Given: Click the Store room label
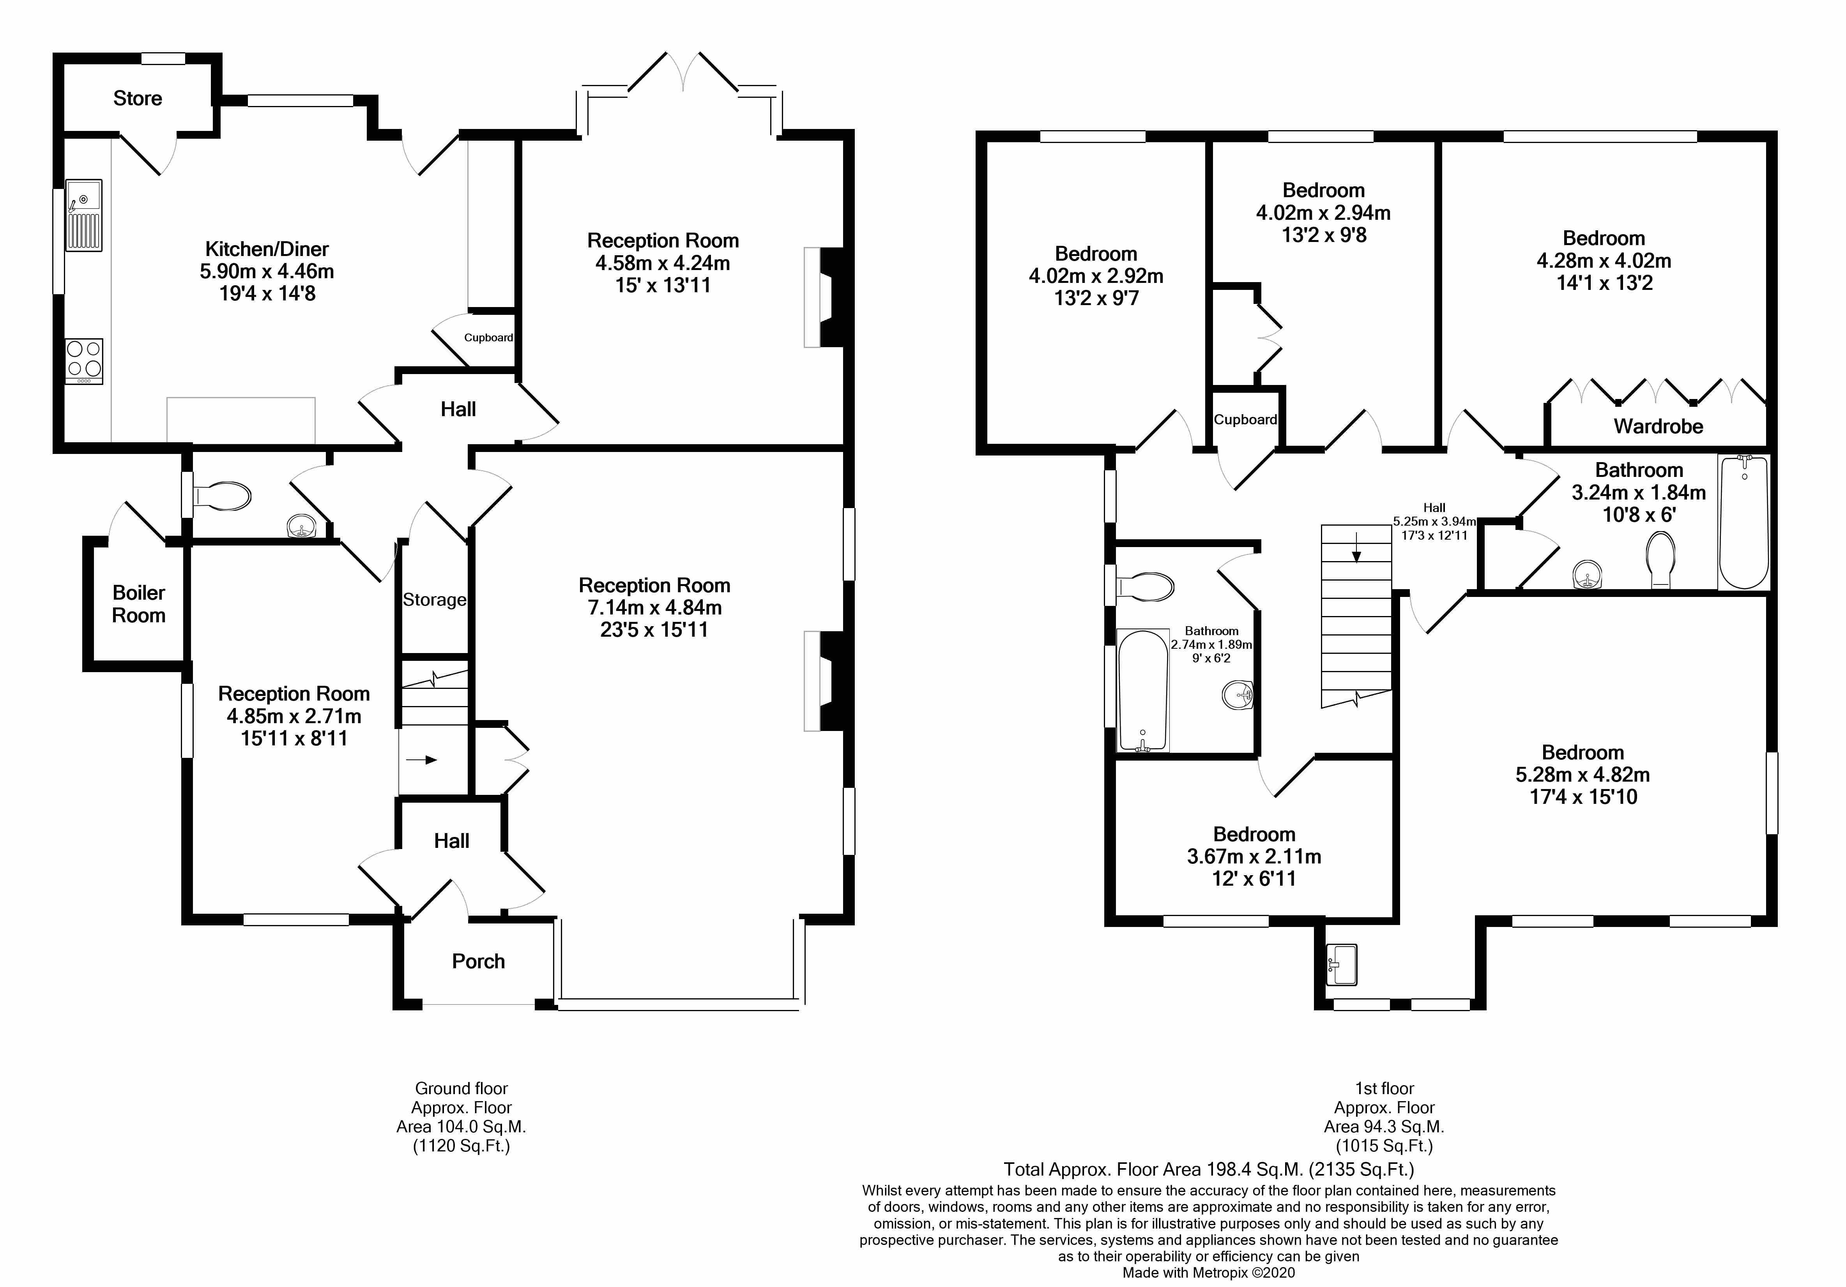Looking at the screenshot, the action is pos(138,98).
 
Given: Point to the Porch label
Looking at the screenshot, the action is pos(478,961).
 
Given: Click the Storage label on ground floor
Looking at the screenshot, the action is pos(434,600).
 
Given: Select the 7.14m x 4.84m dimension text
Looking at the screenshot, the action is pos(654,608).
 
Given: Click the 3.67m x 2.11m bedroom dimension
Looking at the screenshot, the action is pos(1254,857).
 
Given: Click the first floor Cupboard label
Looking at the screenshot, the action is pos(1245,420).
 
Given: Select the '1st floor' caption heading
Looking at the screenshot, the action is pos(1384,1088).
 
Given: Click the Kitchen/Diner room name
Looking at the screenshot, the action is pos(267,249).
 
